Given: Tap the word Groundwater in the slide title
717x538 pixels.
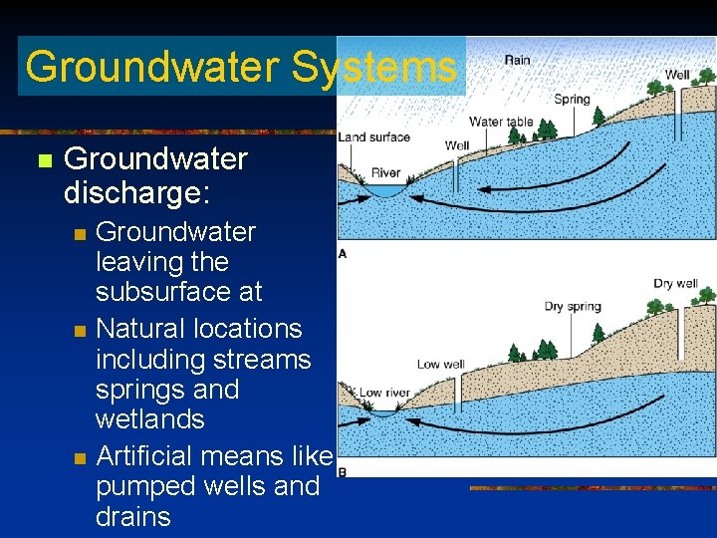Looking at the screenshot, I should (x=151, y=67).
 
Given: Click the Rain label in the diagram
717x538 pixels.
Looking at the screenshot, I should (x=517, y=60).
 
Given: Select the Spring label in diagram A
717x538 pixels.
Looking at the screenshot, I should (x=572, y=99).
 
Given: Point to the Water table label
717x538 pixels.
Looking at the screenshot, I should (x=501, y=123).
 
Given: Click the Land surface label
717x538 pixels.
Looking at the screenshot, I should (x=373, y=137).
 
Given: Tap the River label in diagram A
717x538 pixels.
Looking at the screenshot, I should (x=385, y=173).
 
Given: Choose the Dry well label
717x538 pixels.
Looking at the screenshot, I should (x=675, y=284).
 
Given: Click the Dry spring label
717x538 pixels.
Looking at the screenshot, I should (x=573, y=306).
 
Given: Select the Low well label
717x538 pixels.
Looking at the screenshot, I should (x=441, y=364).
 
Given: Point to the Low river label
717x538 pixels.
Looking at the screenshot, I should (x=382, y=393).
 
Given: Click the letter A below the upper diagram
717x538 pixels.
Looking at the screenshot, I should (x=343, y=254).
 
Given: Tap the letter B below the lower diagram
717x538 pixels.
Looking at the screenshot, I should (x=343, y=471).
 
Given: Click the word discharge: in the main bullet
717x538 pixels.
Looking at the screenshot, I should (x=136, y=192).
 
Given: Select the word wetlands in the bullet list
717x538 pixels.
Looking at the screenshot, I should (x=149, y=419).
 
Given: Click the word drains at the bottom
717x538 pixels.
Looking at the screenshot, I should (x=133, y=517).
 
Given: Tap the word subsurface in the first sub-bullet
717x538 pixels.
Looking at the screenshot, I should (x=178, y=292).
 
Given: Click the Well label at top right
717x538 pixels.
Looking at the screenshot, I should (x=677, y=75).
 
